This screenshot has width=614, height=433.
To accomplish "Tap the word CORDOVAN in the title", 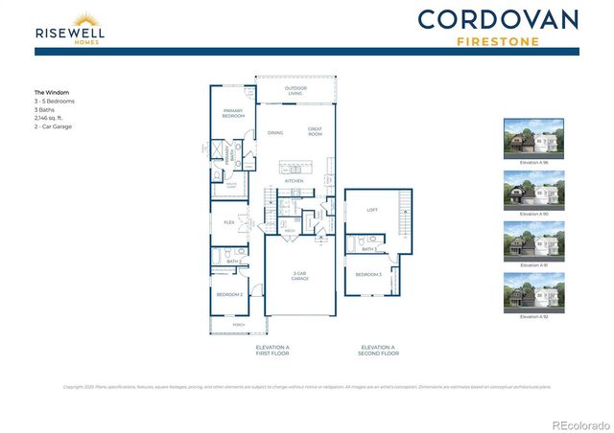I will tap(498, 19).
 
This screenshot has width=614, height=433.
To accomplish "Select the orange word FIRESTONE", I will tap(498, 41).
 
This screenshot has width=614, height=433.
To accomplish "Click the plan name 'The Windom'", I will tap(51, 93).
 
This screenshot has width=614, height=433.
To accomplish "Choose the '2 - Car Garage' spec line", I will tap(54, 126).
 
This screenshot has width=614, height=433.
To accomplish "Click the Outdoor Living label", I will tap(295, 92).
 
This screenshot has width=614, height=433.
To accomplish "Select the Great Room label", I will tap(315, 131).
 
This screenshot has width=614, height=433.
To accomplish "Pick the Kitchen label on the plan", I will tap(294, 180).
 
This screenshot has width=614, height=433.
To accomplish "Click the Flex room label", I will tap(229, 222).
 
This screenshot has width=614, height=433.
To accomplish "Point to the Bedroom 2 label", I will tap(229, 294).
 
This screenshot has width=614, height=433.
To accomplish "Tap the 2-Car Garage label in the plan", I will tap(300, 276).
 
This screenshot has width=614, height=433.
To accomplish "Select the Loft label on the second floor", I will tap(372, 210).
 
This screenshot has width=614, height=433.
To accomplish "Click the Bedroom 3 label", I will tap(368, 275).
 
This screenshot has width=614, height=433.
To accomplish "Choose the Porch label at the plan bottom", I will tap(240, 325).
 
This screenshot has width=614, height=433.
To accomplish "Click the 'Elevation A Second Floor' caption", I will tap(378, 350).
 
